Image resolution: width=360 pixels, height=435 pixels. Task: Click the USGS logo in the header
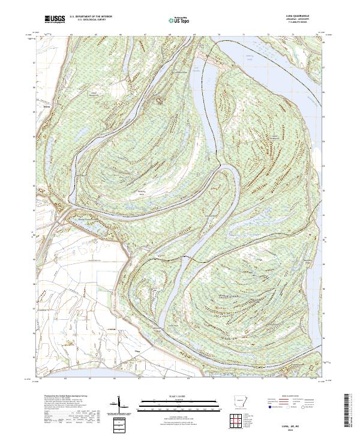(55, 20)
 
